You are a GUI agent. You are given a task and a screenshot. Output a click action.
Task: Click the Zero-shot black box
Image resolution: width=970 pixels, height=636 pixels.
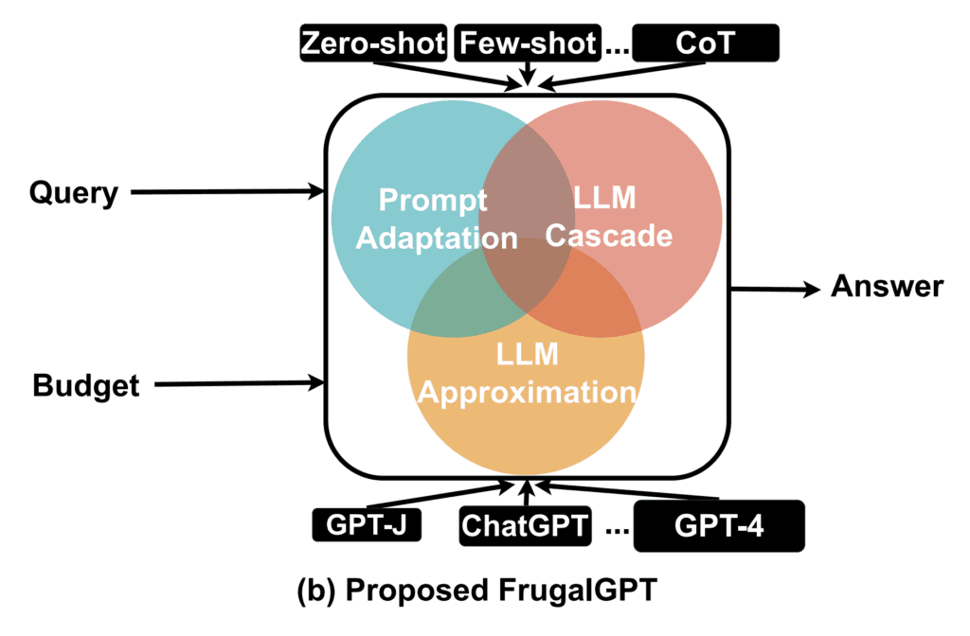[372, 44]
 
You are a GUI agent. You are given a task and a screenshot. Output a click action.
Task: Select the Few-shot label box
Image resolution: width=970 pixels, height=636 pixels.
[529, 44]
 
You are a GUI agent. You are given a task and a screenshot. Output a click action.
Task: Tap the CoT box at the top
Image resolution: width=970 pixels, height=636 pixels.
[705, 44]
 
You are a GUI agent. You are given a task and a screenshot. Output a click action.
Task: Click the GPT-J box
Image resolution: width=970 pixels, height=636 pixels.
[364, 522]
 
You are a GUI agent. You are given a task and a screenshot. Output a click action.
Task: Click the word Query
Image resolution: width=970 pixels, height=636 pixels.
[74, 193]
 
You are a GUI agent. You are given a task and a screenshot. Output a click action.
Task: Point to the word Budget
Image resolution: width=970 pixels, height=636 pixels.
[85, 385]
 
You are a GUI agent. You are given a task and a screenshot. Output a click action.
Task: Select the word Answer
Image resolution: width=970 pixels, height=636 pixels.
[887, 286]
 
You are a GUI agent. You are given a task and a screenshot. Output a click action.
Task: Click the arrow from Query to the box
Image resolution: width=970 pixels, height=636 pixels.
[227, 192]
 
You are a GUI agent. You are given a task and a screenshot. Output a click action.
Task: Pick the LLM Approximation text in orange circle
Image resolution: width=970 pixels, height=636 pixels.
[527, 374]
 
